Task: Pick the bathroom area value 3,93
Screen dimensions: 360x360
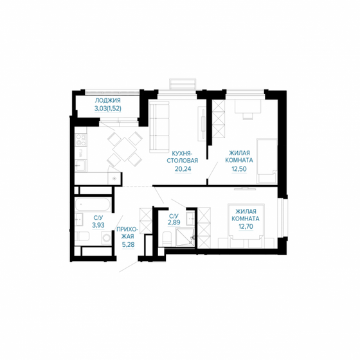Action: pos(98,226)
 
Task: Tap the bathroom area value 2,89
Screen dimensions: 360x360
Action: pos(174,222)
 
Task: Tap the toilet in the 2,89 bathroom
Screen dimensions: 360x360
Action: pos(166,239)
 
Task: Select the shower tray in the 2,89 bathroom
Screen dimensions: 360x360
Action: pos(186,237)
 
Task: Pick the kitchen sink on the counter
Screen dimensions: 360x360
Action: pos(81,166)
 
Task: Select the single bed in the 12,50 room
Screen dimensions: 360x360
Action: pos(266,157)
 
